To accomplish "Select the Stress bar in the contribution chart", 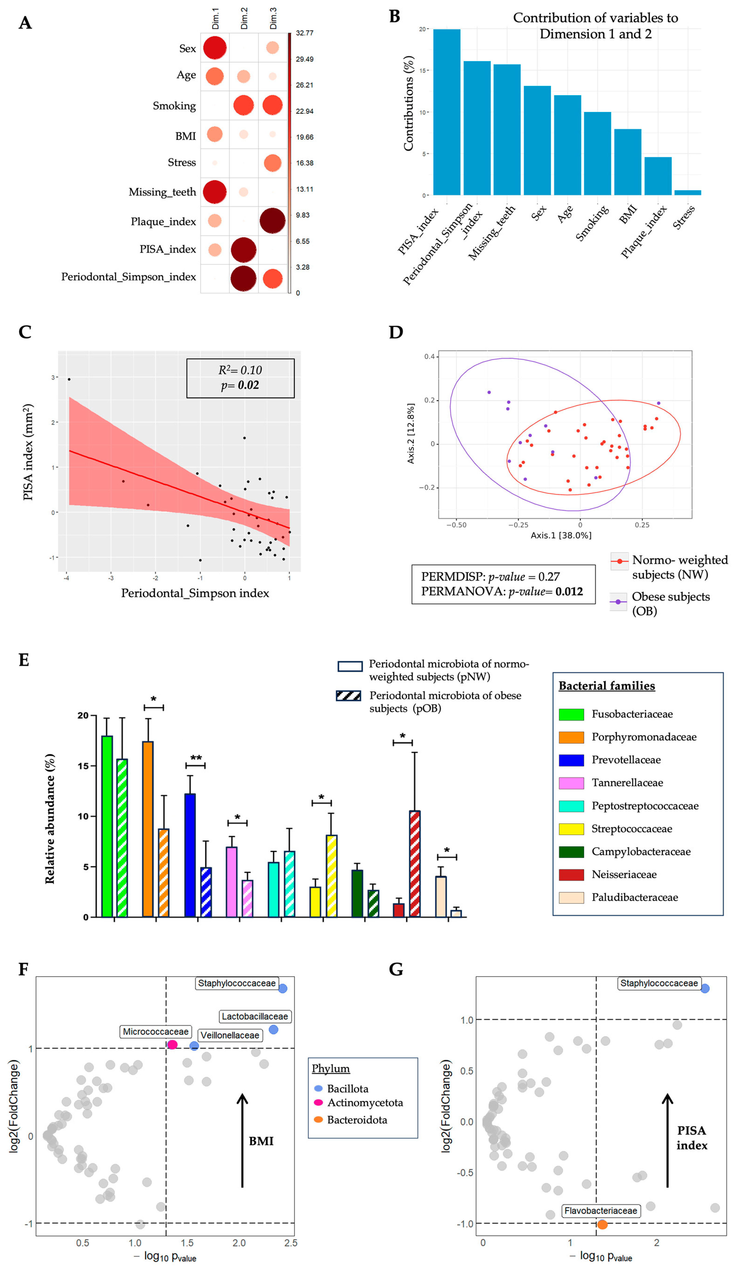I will tap(687, 192).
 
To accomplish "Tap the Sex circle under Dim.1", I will tap(215, 48).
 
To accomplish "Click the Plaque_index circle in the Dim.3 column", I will tap(272, 221).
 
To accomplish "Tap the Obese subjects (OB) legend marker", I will tap(618, 602).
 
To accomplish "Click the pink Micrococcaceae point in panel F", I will tap(172, 1045).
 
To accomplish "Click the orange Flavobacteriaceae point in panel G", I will tap(602, 1224).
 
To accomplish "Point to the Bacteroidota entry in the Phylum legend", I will tap(357, 1120).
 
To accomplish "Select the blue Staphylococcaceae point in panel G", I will tap(705, 989).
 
